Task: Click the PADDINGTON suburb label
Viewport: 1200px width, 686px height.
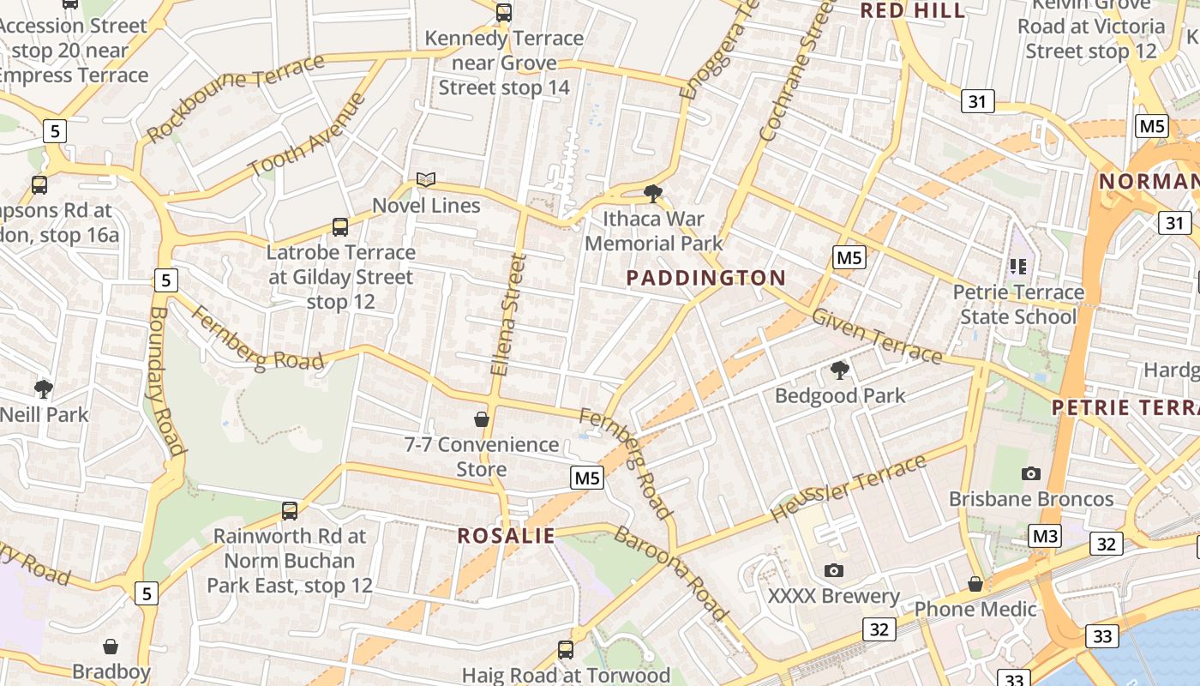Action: coord(705,278)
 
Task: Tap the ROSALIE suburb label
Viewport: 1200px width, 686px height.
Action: coord(506,536)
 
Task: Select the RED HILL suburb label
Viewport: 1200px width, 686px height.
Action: coord(912,10)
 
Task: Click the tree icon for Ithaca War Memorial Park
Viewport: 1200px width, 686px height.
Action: coord(653,193)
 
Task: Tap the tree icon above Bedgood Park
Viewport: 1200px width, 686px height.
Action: coord(840,370)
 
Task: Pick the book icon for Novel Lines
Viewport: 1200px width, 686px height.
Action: coord(426,180)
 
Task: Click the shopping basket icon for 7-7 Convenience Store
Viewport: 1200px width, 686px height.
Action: coord(482,419)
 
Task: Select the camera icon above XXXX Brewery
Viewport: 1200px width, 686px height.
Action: coord(833,570)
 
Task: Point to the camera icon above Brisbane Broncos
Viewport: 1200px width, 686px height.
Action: coord(1031,473)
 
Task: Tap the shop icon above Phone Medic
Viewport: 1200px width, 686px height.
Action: coord(975,584)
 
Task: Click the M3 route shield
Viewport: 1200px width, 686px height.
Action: coord(1045,537)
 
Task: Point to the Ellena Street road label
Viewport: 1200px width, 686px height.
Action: coord(507,314)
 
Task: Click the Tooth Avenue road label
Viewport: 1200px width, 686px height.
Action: coord(307,134)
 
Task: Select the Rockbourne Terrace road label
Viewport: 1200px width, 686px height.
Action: coord(235,97)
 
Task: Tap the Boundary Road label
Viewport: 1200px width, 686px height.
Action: coord(166,382)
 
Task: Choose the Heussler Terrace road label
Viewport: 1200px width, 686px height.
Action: coord(849,489)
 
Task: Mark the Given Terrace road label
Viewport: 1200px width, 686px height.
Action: coord(876,335)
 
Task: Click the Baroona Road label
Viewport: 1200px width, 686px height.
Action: coord(671,573)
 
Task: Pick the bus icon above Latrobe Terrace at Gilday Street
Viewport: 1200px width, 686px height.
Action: coord(340,227)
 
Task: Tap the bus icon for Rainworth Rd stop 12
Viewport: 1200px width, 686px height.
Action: coord(290,511)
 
